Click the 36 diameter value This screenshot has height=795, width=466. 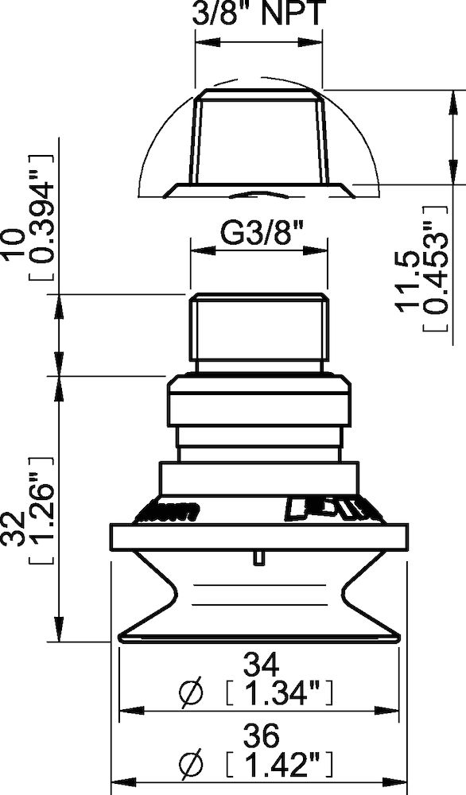pyautogui.click(x=258, y=735)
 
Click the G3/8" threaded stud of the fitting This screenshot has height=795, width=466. pyautogui.click(x=258, y=326)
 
